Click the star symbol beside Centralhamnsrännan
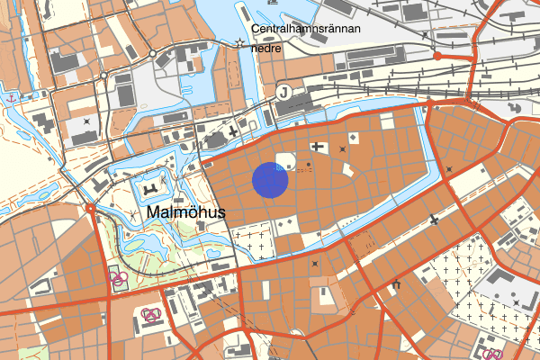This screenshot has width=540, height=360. tap(239, 42)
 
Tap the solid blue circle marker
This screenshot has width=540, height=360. tap(269, 179)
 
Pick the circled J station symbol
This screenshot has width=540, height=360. tap(284, 90)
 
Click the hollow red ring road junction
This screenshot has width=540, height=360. tap(91, 209)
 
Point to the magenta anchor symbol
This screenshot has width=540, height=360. tap(11, 96)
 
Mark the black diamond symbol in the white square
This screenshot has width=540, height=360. tap(354, 137)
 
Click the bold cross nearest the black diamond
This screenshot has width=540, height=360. tap(317, 146)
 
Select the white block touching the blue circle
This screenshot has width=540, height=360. tap(285, 161)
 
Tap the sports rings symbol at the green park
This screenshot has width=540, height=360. tap(117, 276)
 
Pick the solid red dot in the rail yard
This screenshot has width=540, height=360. tap(437, 56)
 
